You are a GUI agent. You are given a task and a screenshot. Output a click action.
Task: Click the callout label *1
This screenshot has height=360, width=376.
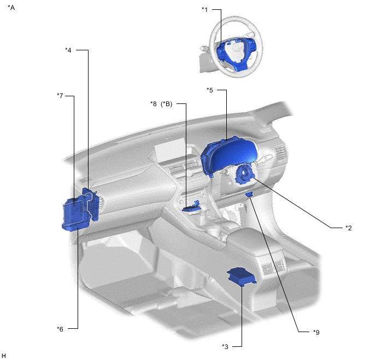pos(204,10)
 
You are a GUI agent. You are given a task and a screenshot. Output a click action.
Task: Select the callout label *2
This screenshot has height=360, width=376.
pos(349,228)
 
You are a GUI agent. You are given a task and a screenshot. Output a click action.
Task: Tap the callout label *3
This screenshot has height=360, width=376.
pos(225,346)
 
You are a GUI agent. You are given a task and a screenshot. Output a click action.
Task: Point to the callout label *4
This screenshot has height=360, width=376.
pos(68,50)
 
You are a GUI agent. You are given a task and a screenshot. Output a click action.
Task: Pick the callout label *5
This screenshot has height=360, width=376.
pos(210,90)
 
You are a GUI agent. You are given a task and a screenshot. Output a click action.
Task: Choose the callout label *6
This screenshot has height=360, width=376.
pos(60,329)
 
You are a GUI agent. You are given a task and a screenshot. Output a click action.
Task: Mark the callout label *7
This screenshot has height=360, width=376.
pos(60,96)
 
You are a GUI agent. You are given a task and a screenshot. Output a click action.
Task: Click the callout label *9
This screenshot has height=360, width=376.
pos(316,332)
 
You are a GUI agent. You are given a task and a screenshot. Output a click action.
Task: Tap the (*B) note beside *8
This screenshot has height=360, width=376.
pos(167,104)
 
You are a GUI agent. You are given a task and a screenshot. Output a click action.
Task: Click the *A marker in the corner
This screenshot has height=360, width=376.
pos(11,8)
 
